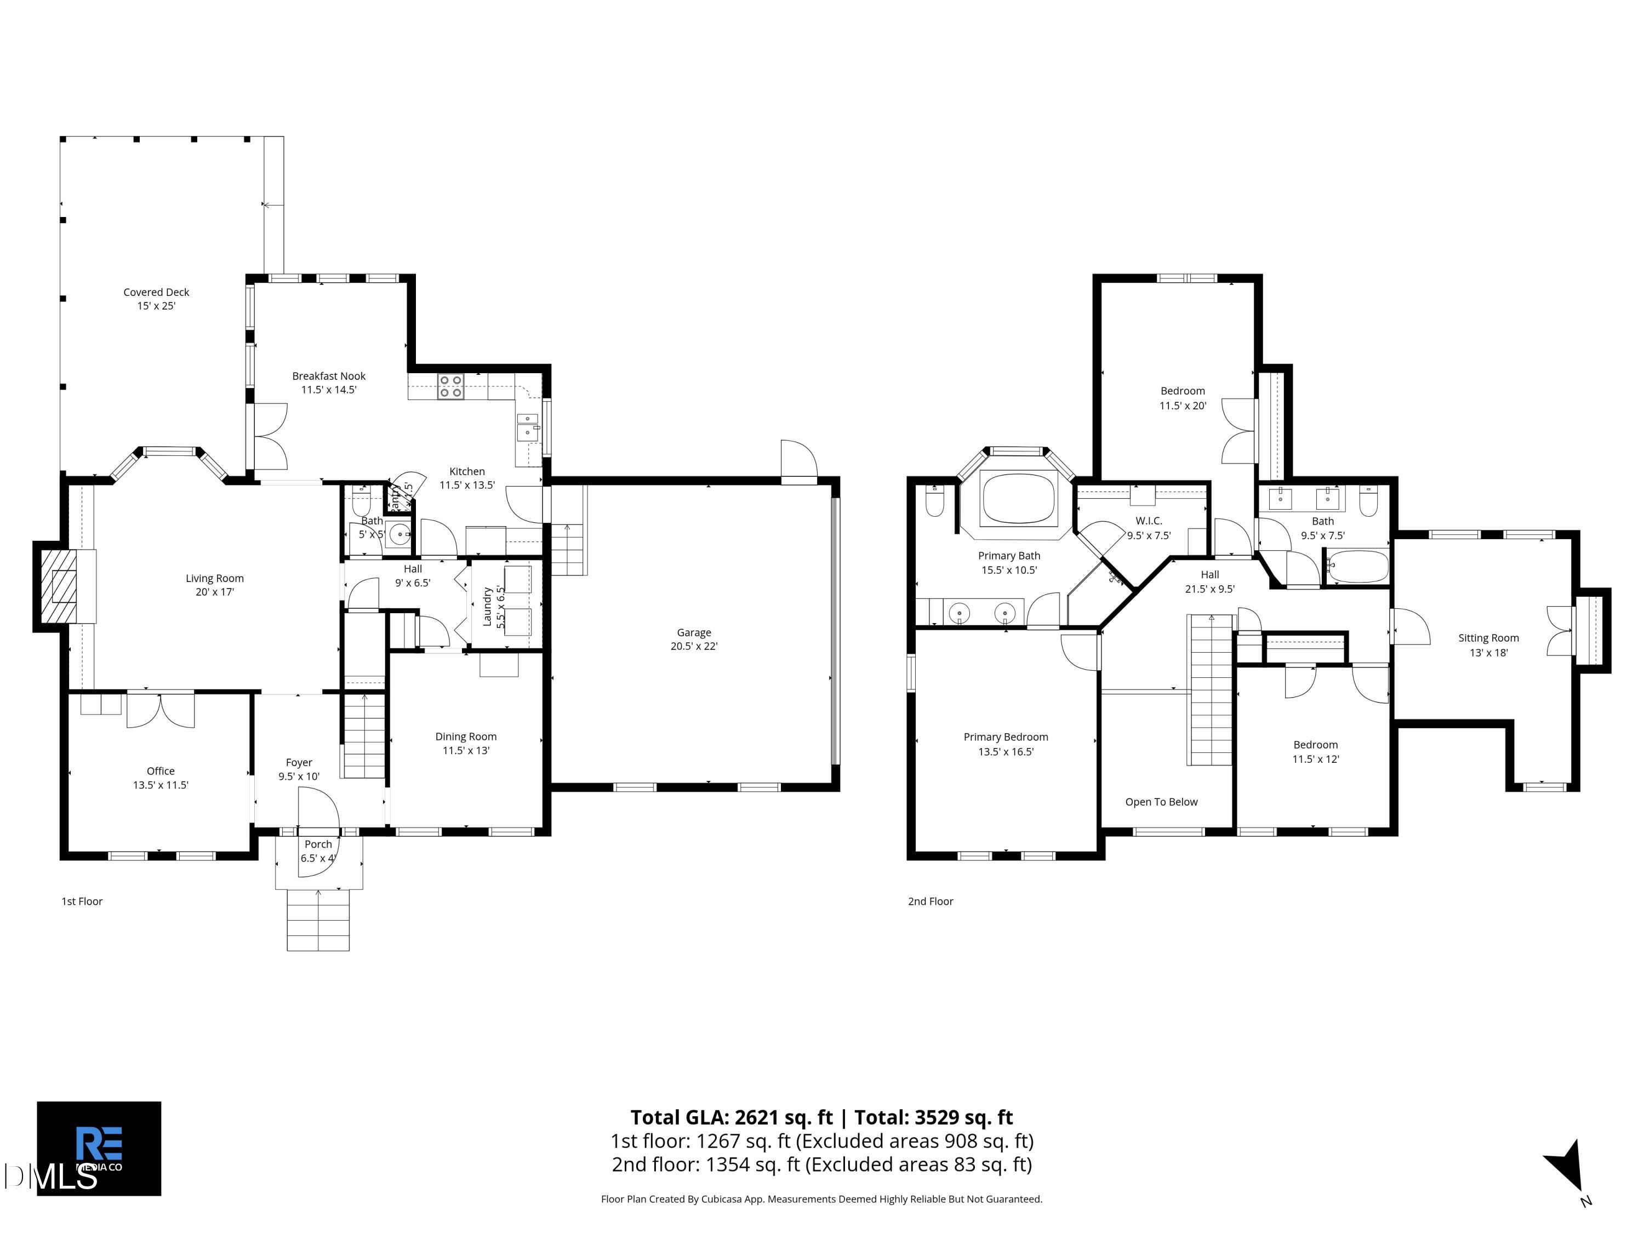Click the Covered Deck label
[x=156, y=299]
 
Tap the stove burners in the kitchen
[x=450, y=386]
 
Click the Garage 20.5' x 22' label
[x=693, y=639]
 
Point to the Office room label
[x=161, y=778]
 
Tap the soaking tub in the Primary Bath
[x=1018, y=498]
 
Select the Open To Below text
[x=1161, y=801]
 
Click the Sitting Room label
[x=1488, y=645]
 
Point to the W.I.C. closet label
[x=1148, y=528]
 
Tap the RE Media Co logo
[x=99, y=1148]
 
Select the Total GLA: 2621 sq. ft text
[x=733, y=1117]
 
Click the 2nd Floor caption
[x=930, y=901]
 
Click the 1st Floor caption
[x=82, y=901]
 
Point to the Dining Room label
[x=466, y=743]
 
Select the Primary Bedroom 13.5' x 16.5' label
[x=1006, y=744]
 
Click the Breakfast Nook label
[x=328, y=383]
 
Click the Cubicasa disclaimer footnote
[x=821, y=1199]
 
